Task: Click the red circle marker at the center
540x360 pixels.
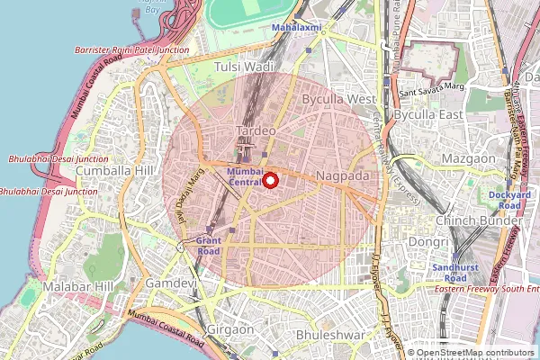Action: pos(270,180)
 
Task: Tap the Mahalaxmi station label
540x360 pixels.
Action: pos(298,28)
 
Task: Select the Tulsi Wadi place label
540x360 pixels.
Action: pos(244,67)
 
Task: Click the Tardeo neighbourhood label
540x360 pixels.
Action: pos(255,131)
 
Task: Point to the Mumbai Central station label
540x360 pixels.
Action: pos(245,176)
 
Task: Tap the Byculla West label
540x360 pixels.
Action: pos(338,98)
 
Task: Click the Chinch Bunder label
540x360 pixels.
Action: pos(478,220)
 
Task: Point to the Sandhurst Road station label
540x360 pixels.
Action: pos(447,273)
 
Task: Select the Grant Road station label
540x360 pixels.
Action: pos(208,247)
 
